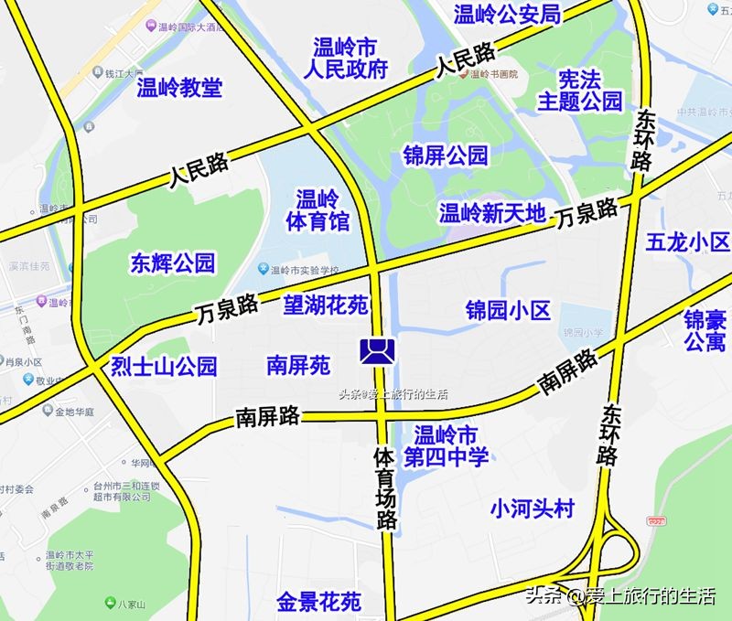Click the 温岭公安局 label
506,14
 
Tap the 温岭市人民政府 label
350,58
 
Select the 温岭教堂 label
179,88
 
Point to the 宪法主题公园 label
580,89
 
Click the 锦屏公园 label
446,155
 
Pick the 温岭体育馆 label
318,210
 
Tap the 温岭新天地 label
492,214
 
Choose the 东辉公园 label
173,264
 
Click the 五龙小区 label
687,242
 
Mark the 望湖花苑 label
325,305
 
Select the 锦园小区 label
508,311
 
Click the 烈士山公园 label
164,367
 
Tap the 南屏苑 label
297,366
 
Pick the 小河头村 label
532,507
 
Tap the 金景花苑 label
319,602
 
